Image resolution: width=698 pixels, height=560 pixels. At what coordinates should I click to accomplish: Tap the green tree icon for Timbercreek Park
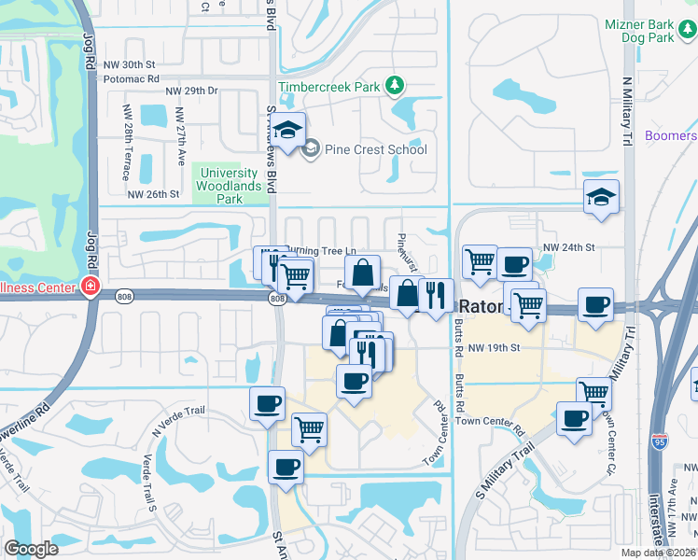[x=396, y=87]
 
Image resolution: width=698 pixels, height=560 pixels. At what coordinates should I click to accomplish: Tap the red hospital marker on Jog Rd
[x=91, y=286]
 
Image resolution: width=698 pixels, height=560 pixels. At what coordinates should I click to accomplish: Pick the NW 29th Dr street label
[x=191, y=91]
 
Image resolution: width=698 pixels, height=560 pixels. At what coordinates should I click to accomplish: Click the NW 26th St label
[x=152, y=194]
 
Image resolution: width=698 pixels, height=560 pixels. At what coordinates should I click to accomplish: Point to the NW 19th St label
[x=493, y=348]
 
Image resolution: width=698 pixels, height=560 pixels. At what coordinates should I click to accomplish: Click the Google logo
[x=32, y=549]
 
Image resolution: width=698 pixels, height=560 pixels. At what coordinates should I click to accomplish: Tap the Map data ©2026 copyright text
[x=657, y=553]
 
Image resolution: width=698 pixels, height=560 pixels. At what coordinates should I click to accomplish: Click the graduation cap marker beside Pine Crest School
[x=289, y=130]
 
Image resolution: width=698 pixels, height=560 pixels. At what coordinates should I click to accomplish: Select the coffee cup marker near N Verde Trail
[x=268, y=404]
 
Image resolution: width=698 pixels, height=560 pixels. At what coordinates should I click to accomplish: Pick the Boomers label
[x=672, y=135]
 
